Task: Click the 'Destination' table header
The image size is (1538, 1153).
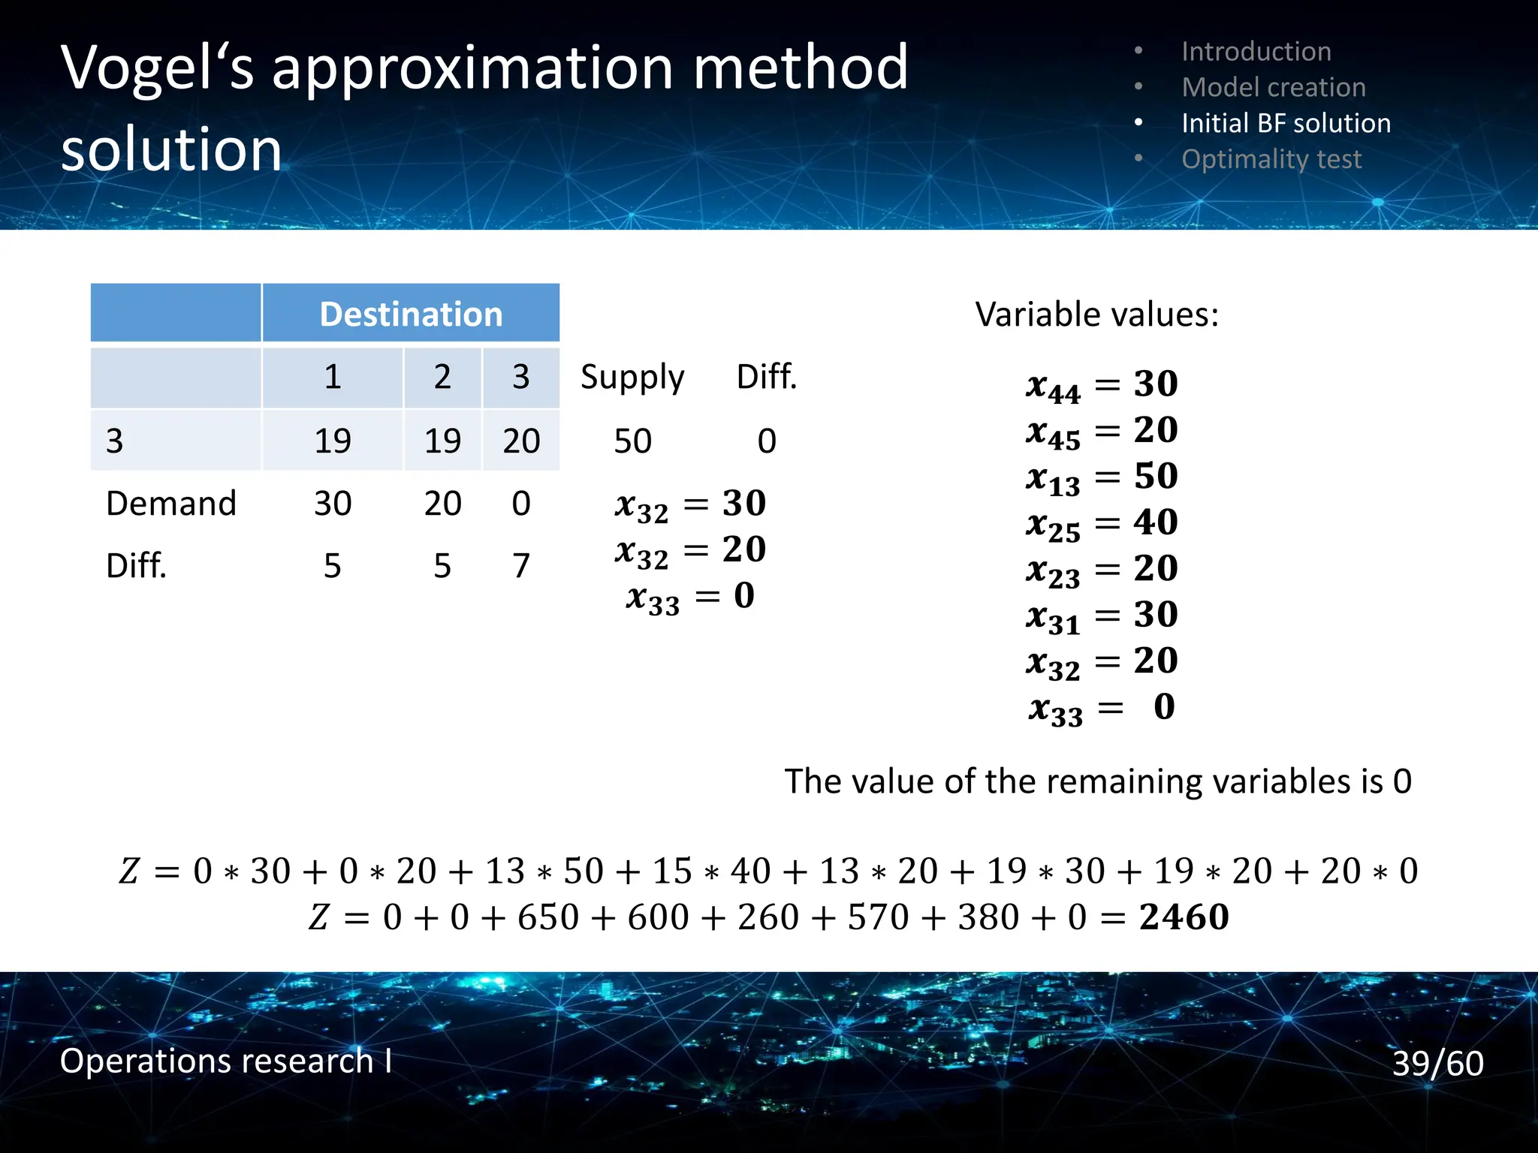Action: [411, 314]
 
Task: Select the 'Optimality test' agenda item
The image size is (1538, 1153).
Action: [1271, 159]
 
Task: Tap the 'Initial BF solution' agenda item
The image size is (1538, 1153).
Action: [1286, 123]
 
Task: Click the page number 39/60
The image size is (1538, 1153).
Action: [1437, 1063]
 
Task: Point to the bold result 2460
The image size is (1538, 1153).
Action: [1184, 917]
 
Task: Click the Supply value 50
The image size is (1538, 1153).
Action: [632, 441]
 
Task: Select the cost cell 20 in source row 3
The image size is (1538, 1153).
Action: [521, 441]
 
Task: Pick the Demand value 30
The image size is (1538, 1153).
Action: [333, 503]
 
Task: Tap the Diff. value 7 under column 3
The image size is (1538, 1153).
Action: [521, 565]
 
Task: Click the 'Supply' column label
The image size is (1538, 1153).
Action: [632, 376]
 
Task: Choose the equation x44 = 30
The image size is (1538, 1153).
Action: [1102, 385]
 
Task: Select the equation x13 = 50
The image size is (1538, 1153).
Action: [1102, 477]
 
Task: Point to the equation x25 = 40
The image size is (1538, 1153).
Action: [1102, 523]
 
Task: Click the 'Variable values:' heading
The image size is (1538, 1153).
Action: [1096, 314]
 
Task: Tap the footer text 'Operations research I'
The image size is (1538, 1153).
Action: [225, 1061]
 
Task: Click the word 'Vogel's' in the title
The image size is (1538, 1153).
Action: [158, 69]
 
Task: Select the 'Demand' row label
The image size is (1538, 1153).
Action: [171, 503]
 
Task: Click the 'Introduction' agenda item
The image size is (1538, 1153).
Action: [1256, 51]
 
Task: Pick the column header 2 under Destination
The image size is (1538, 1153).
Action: [442, 376]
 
